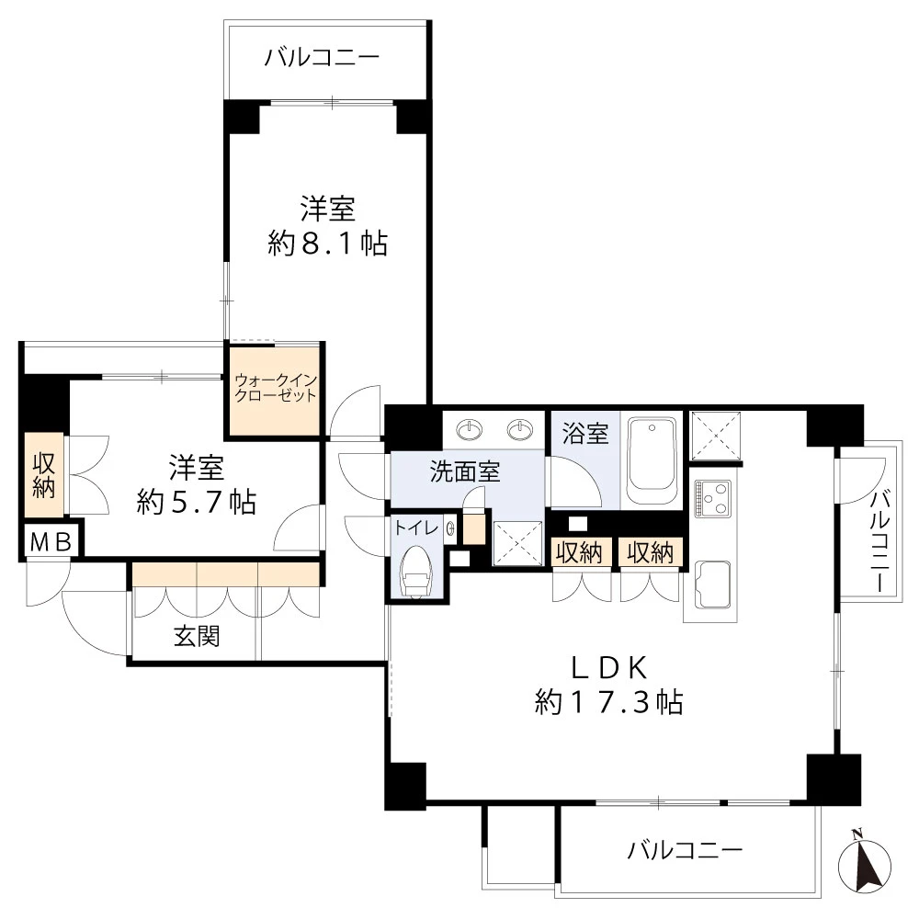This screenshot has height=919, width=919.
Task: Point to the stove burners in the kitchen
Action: click(713, 499)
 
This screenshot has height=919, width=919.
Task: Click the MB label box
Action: click(51, 542)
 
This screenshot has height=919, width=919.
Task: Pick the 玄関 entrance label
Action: click(197, 636)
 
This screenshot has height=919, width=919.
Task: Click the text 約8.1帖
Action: click(327, 244)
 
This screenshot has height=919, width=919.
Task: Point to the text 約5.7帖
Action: click(197, 502)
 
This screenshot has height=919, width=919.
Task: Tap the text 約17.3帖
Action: click(608, 703)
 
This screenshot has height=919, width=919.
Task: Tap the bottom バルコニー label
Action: click(685, 850)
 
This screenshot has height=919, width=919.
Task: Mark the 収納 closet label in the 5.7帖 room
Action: click(43, 475)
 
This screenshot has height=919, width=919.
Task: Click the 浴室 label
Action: click(585, 433)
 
